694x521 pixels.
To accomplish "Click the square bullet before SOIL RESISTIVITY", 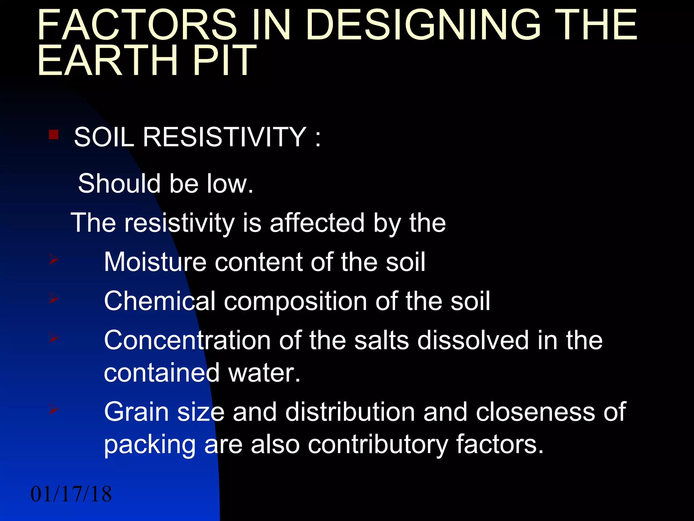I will [x=54, y=135].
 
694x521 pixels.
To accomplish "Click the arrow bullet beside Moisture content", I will [x=54, y=260].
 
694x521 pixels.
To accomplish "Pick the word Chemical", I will [x=160, y=301].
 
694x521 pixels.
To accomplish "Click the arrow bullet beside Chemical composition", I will [x=54, y=299].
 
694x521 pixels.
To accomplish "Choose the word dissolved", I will [x=473, y=340].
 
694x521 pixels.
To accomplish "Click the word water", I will [x=265, y=373].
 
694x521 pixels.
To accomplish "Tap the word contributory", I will [x=378, y=444].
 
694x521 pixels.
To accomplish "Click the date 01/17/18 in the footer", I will [x=71, y=494].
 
